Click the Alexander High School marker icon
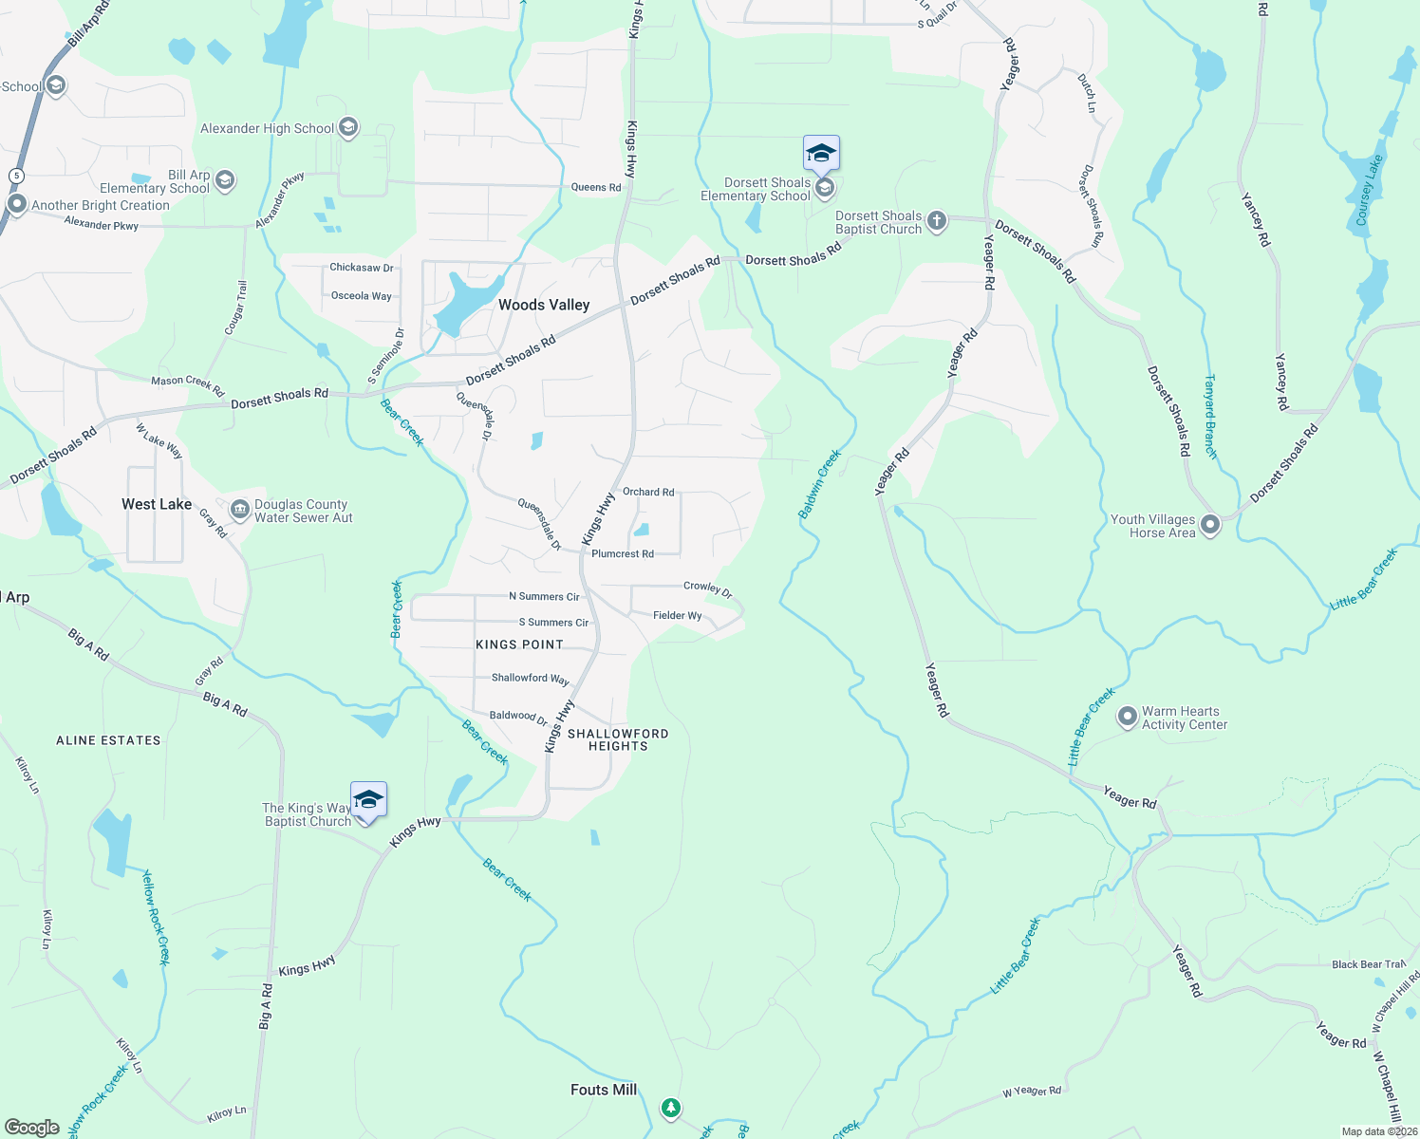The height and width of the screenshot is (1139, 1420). click(348, 127)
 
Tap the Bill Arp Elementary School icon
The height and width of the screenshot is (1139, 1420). click(225, 180)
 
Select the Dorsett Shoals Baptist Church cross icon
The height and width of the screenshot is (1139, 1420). click(937, 222)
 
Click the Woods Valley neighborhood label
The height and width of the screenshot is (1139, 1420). click(544, 305)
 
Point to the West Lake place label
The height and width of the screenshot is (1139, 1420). click(157, 504)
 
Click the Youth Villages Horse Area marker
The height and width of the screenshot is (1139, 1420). click(1210, 524)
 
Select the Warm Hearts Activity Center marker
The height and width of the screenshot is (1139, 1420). click(1127, 717)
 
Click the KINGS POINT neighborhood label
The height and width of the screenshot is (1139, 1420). click(519, 644)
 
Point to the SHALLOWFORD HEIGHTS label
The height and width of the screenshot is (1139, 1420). click(618, 739)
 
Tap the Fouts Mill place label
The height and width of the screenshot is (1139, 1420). click(604, 1090)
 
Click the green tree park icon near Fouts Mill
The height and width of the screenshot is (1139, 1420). click(671, 1108)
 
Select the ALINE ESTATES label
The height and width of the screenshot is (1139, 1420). click(108, 740)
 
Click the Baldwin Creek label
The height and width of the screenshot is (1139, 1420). click(820, 484)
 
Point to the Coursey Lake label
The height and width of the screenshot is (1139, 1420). click(1370, 191)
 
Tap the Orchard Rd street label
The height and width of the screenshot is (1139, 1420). click(648, 492)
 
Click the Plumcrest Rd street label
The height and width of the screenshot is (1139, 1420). click(623, 553)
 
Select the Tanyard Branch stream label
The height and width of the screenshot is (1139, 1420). click(1210, 417)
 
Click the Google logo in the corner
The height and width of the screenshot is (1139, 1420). click(32, 1127)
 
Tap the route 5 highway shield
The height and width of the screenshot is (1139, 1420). click(16, 176)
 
